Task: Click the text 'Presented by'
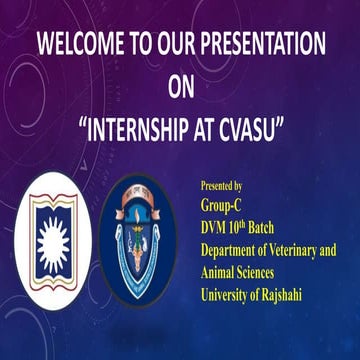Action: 222,185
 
